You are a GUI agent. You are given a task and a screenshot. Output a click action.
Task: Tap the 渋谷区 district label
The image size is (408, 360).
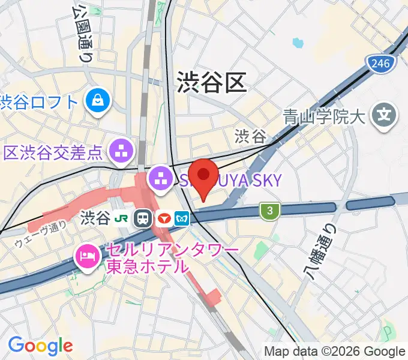[x=212, y=82]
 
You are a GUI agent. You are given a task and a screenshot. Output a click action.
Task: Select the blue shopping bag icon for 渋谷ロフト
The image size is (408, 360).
[x=97, y=100]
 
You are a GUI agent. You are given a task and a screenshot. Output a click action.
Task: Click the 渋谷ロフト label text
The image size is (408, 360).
[x=39, y=101]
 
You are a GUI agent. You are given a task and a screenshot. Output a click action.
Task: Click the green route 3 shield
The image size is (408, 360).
[x=271, y=210]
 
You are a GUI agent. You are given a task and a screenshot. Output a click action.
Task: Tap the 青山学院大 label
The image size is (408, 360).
[x=324, y=116]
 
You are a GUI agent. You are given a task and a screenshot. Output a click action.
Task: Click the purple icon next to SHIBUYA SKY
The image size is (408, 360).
[x=161, y=178]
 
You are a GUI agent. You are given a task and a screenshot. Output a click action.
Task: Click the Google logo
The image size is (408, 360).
[x=40, y=346]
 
